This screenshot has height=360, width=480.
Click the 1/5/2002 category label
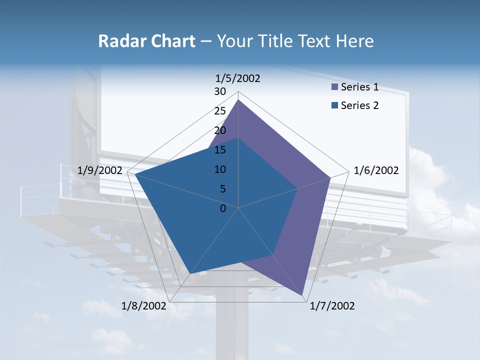point(238,78)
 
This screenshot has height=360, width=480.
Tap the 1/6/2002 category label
point(376,170)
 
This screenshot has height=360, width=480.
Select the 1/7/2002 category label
point(332,306)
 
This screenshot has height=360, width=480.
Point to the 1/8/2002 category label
point(144,306)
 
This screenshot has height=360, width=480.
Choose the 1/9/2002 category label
point(100,170)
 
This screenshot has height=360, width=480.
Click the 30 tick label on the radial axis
point(220,91)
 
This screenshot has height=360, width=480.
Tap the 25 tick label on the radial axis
point(220,111)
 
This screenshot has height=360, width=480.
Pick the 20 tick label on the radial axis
point(220,130)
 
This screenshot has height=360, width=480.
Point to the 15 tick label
point(220,150)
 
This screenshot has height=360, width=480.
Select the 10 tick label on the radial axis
point(220,169)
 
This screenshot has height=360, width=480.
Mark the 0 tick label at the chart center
point(223,208)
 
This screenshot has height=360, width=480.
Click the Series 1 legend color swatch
point(334,87)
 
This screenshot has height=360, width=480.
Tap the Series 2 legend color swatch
point(334,105)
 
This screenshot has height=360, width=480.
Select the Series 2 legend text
point(359,105)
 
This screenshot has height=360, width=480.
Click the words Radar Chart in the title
point(146,41)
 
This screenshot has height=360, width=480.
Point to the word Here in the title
point(354,41)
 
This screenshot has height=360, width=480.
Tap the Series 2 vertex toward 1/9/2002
point(135,174)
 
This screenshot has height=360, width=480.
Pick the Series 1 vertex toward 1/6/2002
point(330,177)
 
